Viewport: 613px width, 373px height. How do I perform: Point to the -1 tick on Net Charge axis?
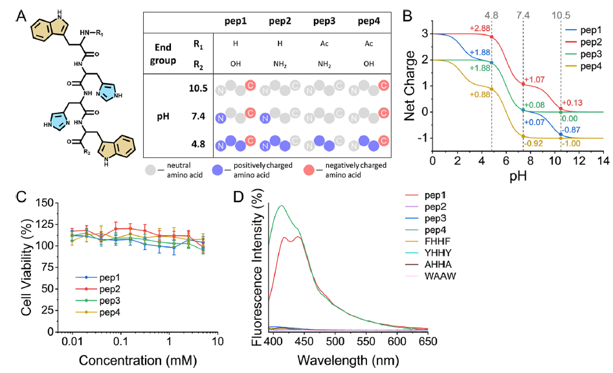point(421,138)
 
